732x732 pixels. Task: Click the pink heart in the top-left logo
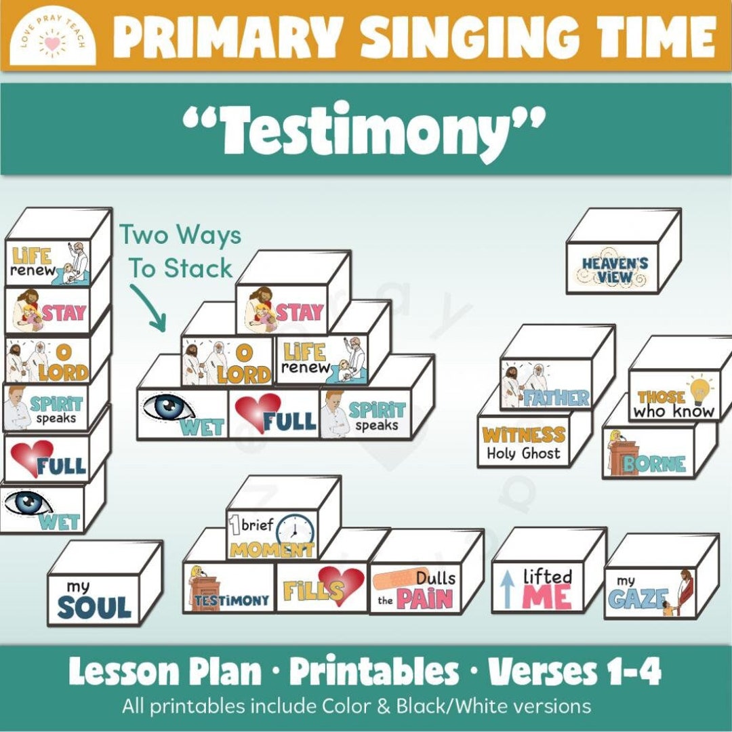pos(52,45)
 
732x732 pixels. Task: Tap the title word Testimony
pos(365,129)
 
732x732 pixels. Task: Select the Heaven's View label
pos(614,270)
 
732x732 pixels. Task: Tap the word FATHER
pos(555,397)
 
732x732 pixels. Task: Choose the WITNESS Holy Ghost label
pos(523,443)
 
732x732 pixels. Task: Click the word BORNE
pos(654,464)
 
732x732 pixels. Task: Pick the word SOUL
pos(94,607)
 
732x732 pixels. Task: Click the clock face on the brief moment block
pos(296,530)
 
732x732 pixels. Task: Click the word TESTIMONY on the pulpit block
pos(241,601)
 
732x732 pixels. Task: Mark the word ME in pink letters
pos(547,598)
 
